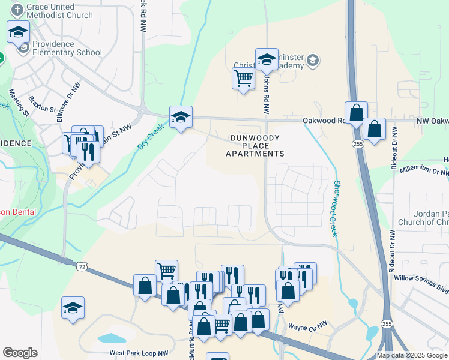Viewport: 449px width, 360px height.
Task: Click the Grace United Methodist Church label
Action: click(59, 11)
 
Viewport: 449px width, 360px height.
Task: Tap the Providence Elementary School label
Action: click(67, 48)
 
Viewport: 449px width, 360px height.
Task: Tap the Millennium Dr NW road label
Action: click(419, 168)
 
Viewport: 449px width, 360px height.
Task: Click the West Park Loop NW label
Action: click(139, 354)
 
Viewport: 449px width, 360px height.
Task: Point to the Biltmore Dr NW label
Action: click(68, 101)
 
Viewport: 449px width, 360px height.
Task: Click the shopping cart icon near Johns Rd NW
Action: click(243, 77)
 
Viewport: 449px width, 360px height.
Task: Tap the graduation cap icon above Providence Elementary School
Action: click(18, 31)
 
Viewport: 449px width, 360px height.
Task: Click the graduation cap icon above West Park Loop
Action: click(73, 307)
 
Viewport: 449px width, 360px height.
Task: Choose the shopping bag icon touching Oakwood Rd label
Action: click(356, 112)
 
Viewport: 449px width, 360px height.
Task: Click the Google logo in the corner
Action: click(20, 353)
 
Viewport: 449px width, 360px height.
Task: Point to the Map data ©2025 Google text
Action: click(412, 355)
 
